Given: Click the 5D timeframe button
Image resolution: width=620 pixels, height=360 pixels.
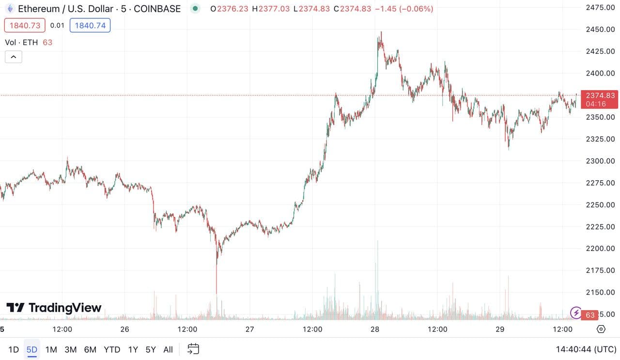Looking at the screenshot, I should coord(32,349).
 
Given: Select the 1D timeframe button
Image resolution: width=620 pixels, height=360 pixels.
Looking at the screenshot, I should coord(14,349).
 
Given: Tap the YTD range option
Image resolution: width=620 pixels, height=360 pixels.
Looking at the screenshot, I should coord(112,349).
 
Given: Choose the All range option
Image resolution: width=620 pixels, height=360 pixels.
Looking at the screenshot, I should coord(168,349).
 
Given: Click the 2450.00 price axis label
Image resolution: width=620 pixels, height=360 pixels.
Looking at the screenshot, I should coord(600,30).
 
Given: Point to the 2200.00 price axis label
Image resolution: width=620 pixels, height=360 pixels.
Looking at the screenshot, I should coord(600,249).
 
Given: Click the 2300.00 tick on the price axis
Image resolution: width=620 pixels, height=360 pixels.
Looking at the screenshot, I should coord(600,161).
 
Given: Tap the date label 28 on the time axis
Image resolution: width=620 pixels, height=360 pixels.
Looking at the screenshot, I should coord(374,329).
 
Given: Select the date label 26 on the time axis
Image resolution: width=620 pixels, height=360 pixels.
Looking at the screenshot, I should coord(124,329).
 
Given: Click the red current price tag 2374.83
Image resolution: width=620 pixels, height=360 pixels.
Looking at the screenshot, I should coord(600,95).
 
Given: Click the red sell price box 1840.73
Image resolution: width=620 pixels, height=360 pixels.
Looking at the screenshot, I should coord(25,25).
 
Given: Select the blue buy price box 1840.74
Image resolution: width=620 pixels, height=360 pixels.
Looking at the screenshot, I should coord(90,25).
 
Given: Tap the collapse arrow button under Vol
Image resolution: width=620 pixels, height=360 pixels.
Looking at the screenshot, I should coord(13,57).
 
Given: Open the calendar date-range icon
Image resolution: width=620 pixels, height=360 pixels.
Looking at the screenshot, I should coord(193,349).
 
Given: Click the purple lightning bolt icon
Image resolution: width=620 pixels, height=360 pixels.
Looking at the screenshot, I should coord(576,313).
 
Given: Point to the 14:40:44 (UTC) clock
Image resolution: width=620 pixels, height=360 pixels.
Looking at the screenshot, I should coord(586,349).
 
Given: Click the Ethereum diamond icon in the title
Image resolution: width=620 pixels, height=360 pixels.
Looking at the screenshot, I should coord(10,9).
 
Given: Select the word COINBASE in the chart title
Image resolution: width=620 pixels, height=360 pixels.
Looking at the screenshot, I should coord(158,9).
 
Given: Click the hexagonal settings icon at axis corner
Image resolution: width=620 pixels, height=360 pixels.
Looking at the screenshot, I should coord(601,329).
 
